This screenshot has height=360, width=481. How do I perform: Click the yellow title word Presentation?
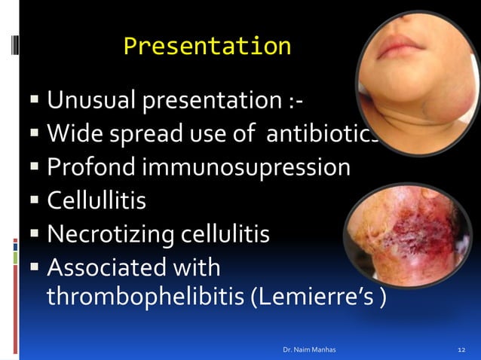tap(207, 47)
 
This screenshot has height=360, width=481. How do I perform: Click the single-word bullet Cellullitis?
tap(97, 202)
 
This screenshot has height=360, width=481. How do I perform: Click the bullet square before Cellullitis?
tap(37, 202)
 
